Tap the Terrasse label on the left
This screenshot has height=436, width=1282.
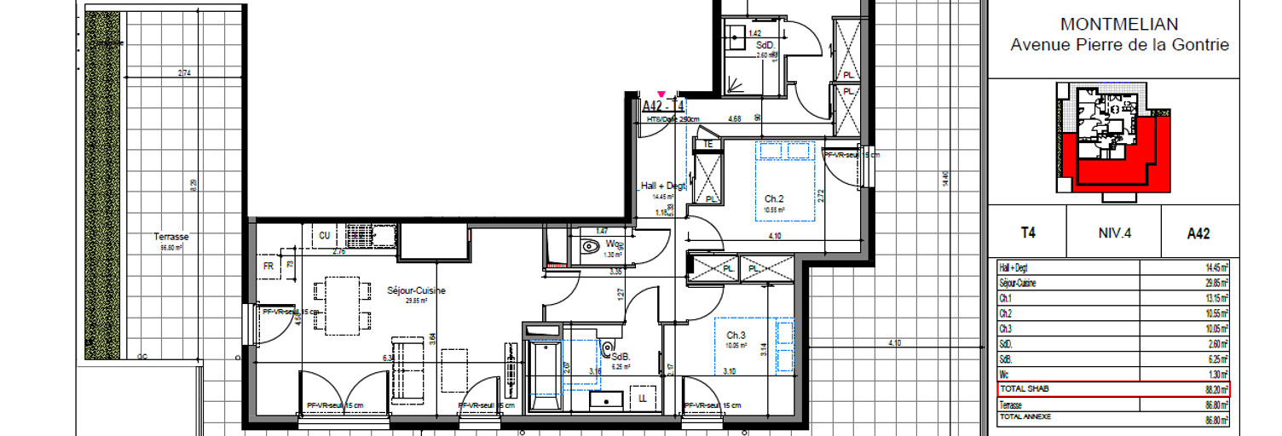click(x=171, y=237)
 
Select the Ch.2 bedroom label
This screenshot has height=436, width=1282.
click(x=774, y=198)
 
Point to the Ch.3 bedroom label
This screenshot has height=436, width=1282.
click(x=736, y=335)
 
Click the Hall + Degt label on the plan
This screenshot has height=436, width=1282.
click(x=663, y=186)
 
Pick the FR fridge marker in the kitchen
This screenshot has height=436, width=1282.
click(x=269, y=266)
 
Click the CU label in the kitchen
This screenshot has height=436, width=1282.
click(x=324, y=235)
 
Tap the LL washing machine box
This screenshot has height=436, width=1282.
click(x=641, y=398)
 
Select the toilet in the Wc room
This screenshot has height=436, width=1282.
click(x=590, y=247)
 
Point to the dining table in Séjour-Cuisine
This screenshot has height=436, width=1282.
click(x=342, y=304)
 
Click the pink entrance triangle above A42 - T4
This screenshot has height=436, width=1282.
click(x=661, y=95)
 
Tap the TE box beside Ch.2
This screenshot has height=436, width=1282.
click(x=707, y=145)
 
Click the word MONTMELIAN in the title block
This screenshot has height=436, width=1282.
click(x=1119, y=25)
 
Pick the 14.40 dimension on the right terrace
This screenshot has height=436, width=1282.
click(x=944, y=179)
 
